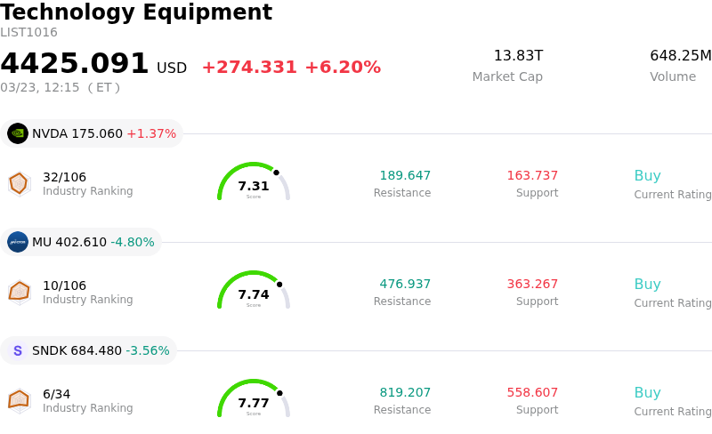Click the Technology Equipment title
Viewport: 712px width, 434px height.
pos(136,12)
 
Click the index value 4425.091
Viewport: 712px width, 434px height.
pos(75,64)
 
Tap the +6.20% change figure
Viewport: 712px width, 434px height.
pos(343,68)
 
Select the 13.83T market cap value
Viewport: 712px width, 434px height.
pos(518,56)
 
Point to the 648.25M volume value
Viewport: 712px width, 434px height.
pos(680,56)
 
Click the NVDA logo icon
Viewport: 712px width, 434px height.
pos(18,133)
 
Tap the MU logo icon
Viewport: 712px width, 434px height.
pos(18,242)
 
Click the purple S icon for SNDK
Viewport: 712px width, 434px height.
pos(18,350)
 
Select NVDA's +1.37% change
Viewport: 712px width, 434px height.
pos(151,133)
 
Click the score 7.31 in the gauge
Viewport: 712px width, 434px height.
pos(254,186)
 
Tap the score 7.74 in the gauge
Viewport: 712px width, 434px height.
pos(254,294)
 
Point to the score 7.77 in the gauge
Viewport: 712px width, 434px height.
pos(254,403)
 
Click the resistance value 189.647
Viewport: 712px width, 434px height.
pos(405,175)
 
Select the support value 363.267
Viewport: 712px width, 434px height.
pos(532,284)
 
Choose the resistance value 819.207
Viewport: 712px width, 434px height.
pos(405,392)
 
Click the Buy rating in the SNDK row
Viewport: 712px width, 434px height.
pos(647,392)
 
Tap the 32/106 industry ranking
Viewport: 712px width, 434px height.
pos(64,177)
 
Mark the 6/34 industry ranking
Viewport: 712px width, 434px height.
pos(56,394)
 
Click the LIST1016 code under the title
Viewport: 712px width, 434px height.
pos(28,33)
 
